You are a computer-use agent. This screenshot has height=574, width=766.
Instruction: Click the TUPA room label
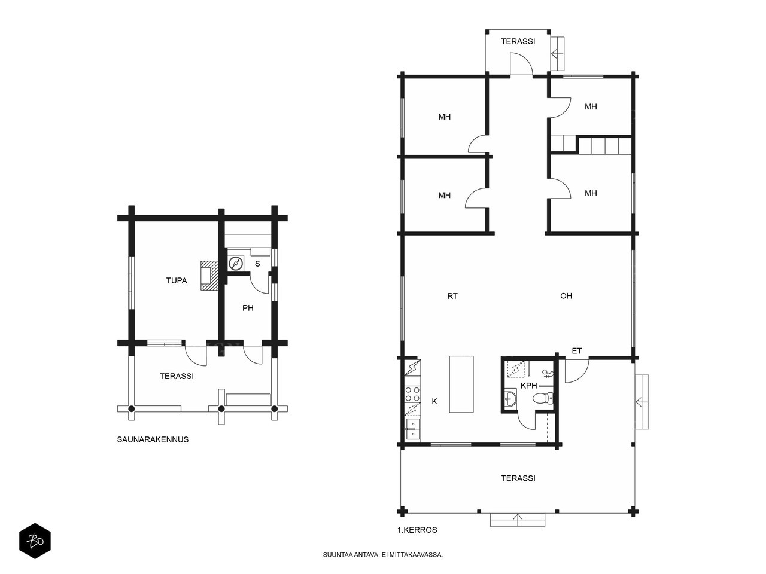pyautogui.click(x=176, y=280)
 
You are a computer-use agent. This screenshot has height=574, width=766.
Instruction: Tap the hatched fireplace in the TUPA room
pyautogui.click(x=209, y=275)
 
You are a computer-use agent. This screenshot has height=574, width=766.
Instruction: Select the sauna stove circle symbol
pyautogui.click(x=236, y=263)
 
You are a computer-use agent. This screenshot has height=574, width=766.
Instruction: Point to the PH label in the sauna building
pyautogui.click(x=248, y=308)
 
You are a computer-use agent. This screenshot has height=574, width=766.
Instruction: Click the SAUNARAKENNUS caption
pyautogui.click(x=153, y=439)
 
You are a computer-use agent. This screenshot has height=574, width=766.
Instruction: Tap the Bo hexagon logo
pyautogui.click(x=35, y=541)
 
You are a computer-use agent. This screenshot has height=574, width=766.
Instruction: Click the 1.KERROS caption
pyautogui.click(x=417, y=530)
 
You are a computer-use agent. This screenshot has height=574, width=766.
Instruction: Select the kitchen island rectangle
pyautogui.click(x=461, y=384)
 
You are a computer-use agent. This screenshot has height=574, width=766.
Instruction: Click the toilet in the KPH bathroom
pyautogui.click(x=543, y=398)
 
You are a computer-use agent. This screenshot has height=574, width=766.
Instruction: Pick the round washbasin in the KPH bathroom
pyautogui.click(x=510, y=398)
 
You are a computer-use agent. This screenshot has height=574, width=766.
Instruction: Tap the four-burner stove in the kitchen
pyautogui.click(x=412, y=394)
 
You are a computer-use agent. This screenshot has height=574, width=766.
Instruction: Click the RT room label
pyautogui.click(x=452, y=296)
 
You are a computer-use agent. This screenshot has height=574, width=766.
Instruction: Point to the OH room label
pyautogui.click(x=566, y=296)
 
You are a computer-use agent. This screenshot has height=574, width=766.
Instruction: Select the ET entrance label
pyautogui.click(x=576, y=351)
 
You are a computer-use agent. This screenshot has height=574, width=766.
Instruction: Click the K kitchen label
pyautogui.click(x=434, y=401)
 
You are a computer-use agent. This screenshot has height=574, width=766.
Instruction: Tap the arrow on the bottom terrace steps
pyautogui.click(x=518, y=520)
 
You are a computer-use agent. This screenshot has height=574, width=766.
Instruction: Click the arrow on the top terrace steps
pyautogui.click(x=557, y=54)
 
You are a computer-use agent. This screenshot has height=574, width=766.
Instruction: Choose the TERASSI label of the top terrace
pyautogui.click(x=518, y=41)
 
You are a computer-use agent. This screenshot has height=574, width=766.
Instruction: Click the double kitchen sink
pyautogui.click(x=412, y=429)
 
